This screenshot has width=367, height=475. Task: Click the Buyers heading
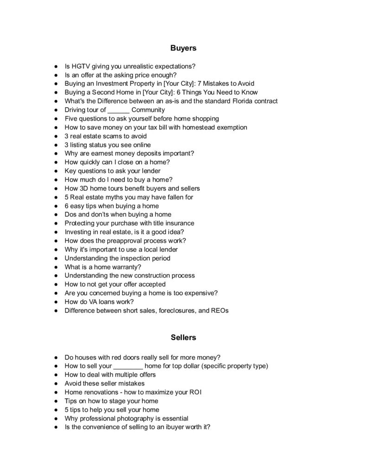pos(183,48)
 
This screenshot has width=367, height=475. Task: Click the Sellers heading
pos(183,337)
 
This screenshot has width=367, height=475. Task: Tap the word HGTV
pos(80,66)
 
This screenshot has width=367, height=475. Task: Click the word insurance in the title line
pos(179,223)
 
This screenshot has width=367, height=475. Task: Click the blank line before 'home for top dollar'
pos(128,366)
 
